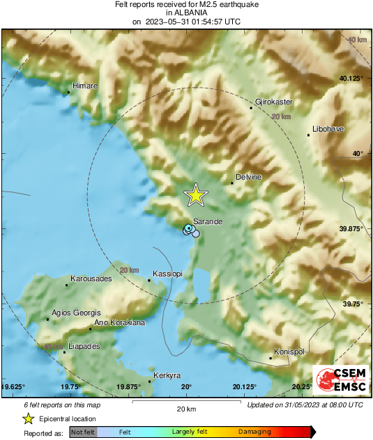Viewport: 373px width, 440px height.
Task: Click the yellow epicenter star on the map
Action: click(196, 196)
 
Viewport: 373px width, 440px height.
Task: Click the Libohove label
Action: click(329, 129)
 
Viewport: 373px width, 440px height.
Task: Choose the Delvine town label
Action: click(248, 177)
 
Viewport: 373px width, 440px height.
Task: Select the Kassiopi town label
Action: click(167, 274)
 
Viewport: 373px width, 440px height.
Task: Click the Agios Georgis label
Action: click(75, 313)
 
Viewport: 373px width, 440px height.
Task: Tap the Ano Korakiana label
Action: click(119, 322)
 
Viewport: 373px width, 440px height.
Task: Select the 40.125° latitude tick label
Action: click(351, 79)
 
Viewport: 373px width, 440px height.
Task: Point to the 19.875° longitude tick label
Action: click(129, 387)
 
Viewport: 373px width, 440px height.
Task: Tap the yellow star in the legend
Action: click(28, 418)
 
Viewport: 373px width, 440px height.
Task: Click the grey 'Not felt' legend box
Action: click(84, 432)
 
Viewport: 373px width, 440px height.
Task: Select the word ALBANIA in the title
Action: click(186, 13)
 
